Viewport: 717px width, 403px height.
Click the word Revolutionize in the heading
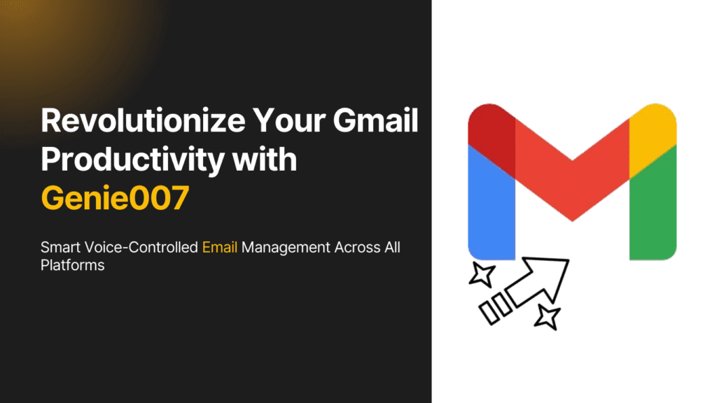click(x=143, y=120)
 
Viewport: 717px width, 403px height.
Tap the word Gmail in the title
click(x=375, y=120)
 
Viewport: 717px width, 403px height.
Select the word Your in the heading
click(x=289, y=120)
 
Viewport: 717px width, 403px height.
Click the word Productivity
click(x=132, y=160)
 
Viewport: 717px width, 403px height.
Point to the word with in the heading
click(x=265, y=159)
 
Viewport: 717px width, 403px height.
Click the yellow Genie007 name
click(x=115, y=198)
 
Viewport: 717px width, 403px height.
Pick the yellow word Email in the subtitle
click(x=219, y=247)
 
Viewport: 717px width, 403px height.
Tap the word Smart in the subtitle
click(x=60, y=247)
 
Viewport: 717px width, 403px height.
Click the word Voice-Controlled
click(x=141, y=247)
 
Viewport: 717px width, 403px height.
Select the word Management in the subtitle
click(x=286, y=248)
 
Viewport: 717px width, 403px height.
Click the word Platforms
click(x=72, y=265)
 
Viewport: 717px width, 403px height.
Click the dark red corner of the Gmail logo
click(x=492, y=137)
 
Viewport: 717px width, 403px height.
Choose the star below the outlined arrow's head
click(x=548, y=317)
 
